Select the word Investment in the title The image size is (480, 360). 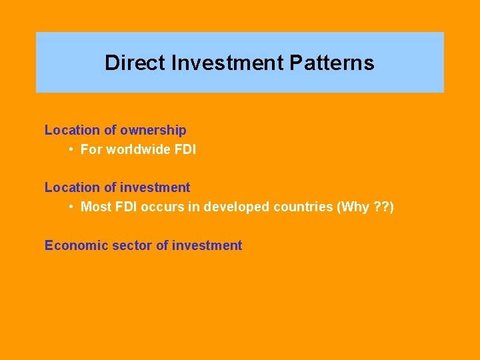coord(227,63)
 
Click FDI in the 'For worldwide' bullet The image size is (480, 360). coord(185,150)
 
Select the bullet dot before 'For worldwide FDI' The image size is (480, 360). coord(71,150)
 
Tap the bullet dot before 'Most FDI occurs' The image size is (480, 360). coord(71,207)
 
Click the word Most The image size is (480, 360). coord(94,207)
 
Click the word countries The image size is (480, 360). coord(302,207)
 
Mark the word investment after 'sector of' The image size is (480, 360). coord(207,245)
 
